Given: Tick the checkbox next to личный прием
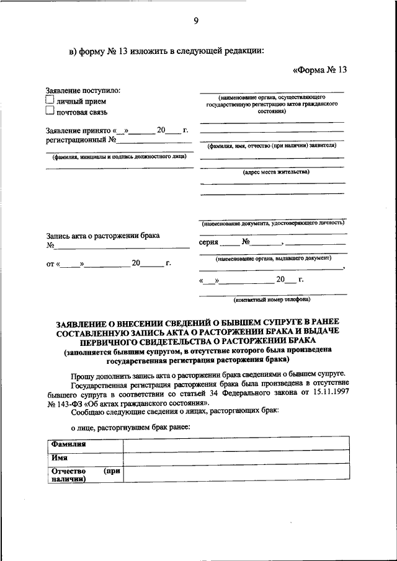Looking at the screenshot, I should click(x=51, y=100).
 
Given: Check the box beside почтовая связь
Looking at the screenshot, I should click(x=51, y=112).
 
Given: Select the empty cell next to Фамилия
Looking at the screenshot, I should click(x=236, y=444).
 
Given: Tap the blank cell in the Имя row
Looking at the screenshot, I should click(x=236, y=458).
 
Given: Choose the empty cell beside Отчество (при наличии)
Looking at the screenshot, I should click(x=236, y=474).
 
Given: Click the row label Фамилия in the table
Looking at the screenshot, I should click(x=69, y=444).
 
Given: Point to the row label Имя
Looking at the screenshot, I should click(x=60, y=457).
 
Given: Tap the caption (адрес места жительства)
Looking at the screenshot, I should click(x=272, y=172).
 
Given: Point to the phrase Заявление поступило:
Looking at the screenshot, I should click(x=83, y=91).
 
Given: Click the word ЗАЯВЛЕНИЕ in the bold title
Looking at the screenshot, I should click(x=86, y=323).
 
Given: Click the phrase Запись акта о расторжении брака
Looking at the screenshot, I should click(x=102, y=236).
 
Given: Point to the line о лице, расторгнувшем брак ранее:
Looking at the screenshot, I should click(x=130, y=427).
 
